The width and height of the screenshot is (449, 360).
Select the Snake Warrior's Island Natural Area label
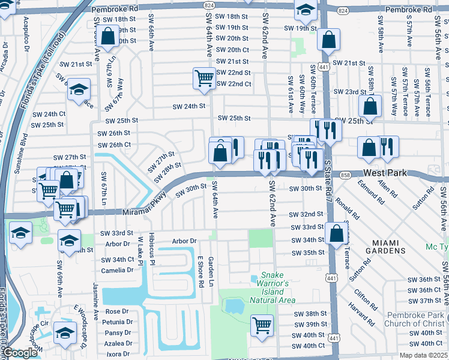[273, 290]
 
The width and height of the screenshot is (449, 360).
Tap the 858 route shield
[344, 175]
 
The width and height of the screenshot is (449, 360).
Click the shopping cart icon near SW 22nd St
[204, 78]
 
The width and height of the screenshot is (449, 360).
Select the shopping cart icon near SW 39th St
[262, 325]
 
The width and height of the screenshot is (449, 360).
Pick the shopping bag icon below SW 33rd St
[337, 233]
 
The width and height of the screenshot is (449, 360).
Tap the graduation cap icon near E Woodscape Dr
[65, 332]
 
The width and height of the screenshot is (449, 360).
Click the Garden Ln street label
[211, 272]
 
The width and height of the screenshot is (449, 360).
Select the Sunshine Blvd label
[25, 156]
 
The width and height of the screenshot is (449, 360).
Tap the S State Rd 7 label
[328, 180]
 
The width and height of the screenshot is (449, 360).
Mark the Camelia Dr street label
[118, 270]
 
